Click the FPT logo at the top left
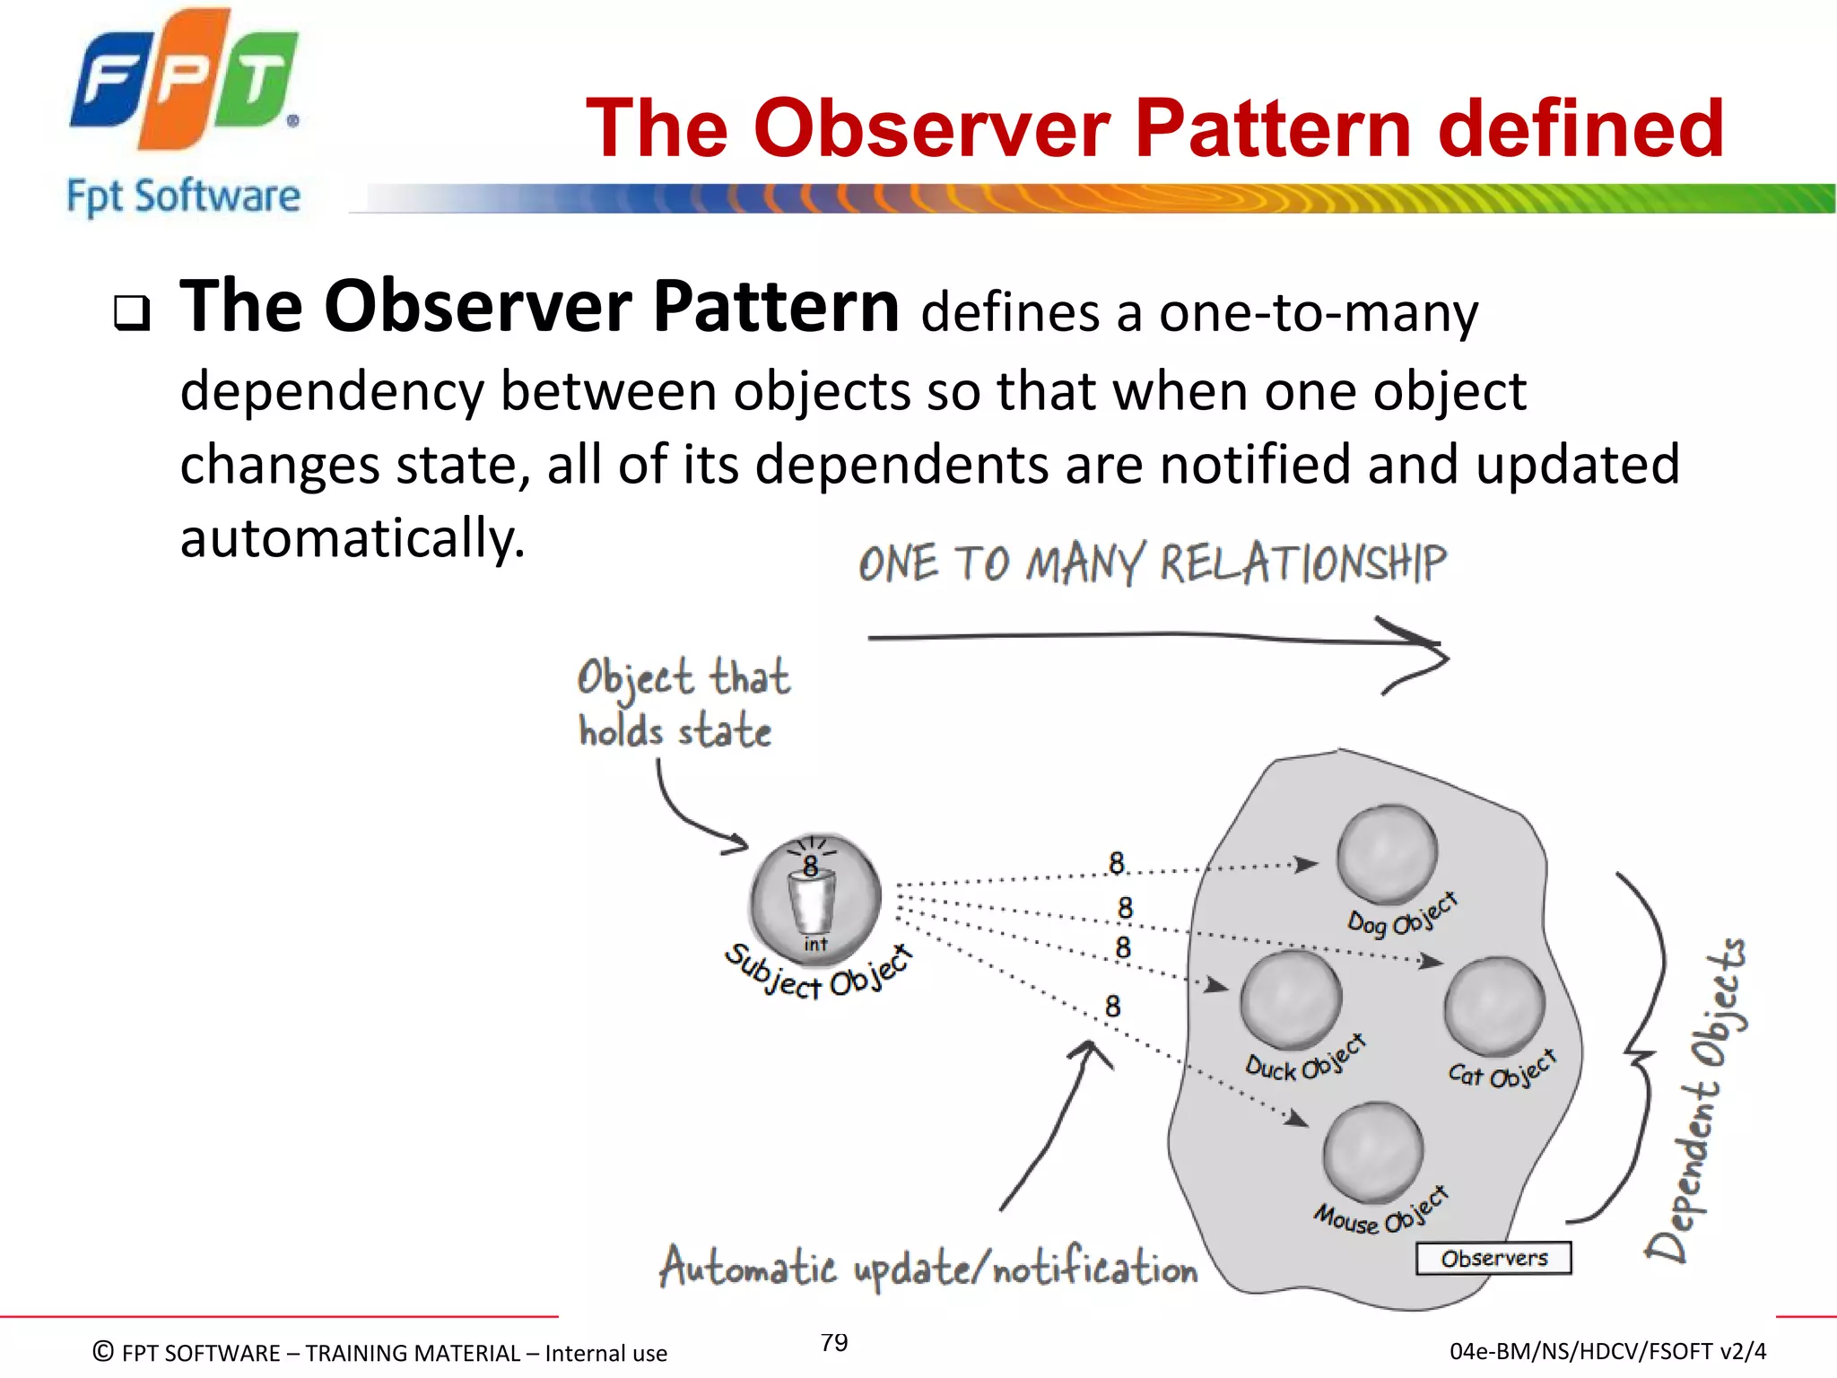pos(184,79)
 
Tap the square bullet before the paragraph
pos(132,313)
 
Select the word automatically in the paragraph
pos(352,537)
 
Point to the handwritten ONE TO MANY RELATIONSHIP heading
pos(1152,564)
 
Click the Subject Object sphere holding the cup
pos(814,897)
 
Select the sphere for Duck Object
pos(1291,999)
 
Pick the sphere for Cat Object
pos(1494,1006)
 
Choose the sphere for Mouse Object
pos(1372,1152)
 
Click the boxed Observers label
pos(1493,1258)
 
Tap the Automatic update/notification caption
pos(927,1268)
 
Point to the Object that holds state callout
pos(682,704)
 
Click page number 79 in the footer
pos(834,1342)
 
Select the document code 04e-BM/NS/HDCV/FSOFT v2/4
pos(1607,1351)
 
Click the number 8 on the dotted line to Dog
pos(1116,863)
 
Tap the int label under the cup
pos(815,944)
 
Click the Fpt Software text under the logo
pos(184,196)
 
